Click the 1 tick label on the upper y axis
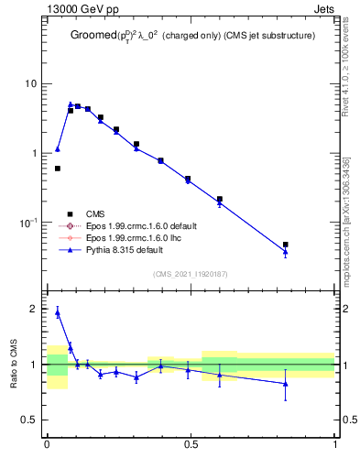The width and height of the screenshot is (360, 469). tap(35, 153)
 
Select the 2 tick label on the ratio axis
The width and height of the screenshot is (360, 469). tap(35, 309)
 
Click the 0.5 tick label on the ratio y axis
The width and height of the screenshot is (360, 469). tap(29, 420)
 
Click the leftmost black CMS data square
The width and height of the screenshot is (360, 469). tap(58, 169)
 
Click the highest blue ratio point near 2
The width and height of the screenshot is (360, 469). tap(58, 312)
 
